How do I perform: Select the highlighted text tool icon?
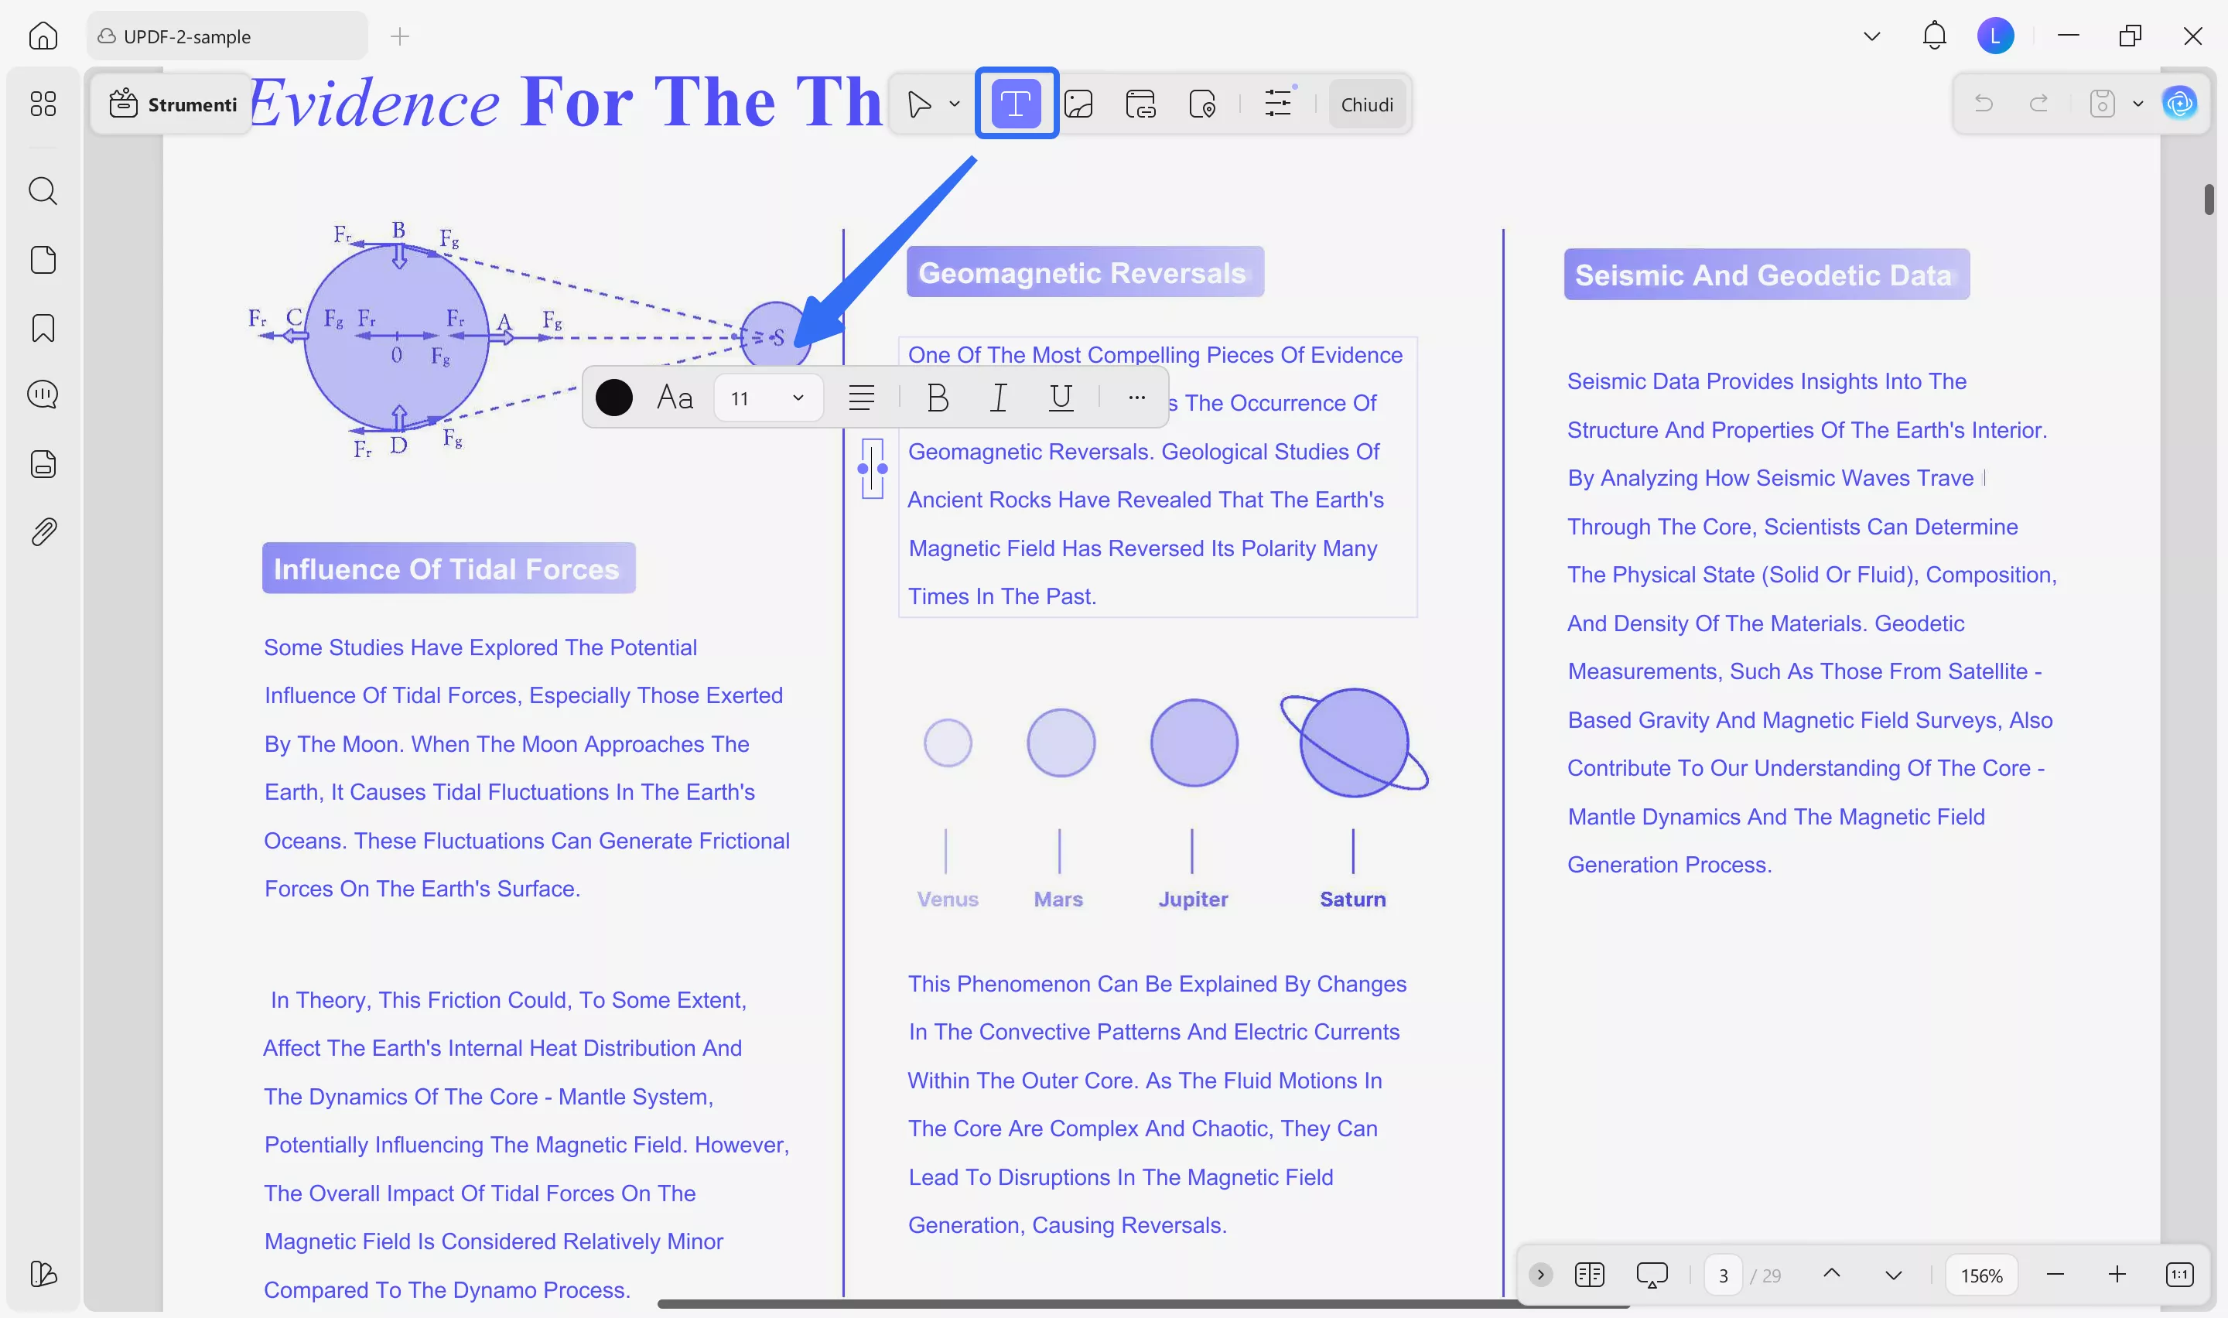click(x=1015, y=104)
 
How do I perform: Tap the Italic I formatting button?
click(x=998, y=398)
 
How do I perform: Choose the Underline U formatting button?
click(x=1061, y=397)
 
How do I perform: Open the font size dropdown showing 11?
click(x=768, y=398)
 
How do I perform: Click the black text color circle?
click(x=613, y=398)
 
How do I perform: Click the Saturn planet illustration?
click(x=1353, y=743)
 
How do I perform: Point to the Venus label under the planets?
click(x=948, y=899)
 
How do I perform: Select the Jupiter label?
click(x=1193, y=899)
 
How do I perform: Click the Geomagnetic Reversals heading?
click(x=1083, y=273)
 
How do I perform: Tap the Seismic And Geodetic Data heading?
click(x=1765, y=275)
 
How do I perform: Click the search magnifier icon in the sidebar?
click(x=43, y=191)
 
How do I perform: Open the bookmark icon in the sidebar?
click(x=43, y=328)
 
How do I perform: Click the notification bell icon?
click(x=1933, y=36)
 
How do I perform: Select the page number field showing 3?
click(x=1723, y=1275)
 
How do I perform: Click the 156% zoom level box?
click(x=1981, y=1275)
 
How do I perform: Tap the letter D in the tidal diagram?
click(x=398, y=445)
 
